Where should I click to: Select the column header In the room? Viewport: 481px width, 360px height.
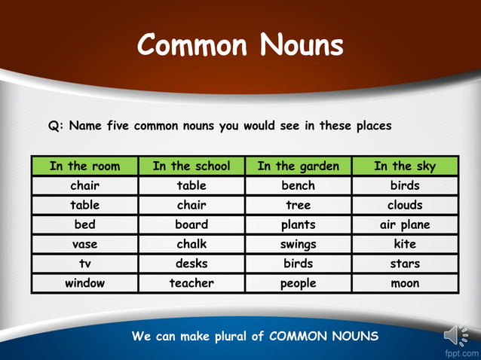[84, 166]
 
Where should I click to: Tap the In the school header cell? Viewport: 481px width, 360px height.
[191, 166]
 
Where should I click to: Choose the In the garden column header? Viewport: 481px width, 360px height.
[298, 166]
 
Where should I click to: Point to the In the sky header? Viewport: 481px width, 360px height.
[405, 166]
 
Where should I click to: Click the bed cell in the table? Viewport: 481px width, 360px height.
[84, 224]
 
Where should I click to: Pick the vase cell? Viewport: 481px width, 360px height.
[84, 244]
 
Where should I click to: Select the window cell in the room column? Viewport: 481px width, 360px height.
[84, 283]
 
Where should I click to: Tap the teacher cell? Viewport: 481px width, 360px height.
[191, 283]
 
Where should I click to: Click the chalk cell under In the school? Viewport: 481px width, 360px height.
[191, 244]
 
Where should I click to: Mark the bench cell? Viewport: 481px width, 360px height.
[298, 185]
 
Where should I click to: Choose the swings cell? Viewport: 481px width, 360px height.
[298, 244]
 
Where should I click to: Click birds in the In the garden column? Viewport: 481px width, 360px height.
[298, 264]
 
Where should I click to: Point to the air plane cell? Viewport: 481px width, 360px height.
[405, 224]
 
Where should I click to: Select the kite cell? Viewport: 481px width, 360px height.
[405, 244]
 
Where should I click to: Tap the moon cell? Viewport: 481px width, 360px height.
[405, 283]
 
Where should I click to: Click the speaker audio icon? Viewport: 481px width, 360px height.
[455, 335]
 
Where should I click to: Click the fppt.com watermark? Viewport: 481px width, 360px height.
[461, 353]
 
